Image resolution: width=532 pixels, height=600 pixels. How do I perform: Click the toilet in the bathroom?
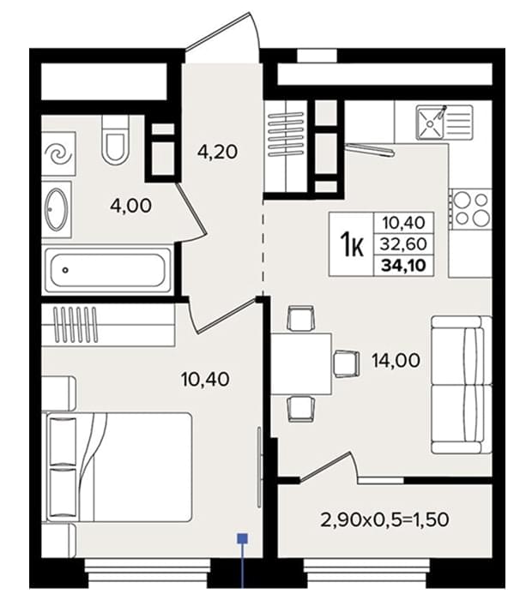[x=115, y=140]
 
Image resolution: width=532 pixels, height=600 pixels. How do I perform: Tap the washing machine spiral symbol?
[x=58, y=153]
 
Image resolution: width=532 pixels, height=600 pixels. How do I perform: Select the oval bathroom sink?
[x=57, y=209]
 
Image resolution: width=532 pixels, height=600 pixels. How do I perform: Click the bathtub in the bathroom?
[x=108, y=270]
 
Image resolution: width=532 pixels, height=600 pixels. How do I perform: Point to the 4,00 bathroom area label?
[x=130, y=206]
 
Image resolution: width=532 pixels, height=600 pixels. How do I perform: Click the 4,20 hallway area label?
[x=217, y=152]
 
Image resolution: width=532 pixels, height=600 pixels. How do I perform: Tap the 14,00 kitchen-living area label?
[x=396, y=360]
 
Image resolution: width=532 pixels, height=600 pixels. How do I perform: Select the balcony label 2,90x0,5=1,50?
[x=384, y=519]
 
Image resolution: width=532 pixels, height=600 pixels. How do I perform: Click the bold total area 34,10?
[x=403, y=265]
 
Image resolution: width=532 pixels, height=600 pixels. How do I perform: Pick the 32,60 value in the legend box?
[x=403, y=243]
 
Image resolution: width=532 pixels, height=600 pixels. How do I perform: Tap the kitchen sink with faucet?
[x=444, y=123]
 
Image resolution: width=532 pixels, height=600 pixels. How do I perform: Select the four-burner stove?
[x=471, y=209]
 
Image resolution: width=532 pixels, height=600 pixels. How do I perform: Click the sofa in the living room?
[x=462, y=385]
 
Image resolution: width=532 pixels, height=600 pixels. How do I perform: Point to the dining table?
[x=301, y=364]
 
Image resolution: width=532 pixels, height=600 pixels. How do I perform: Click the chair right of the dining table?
[x=347, y=364]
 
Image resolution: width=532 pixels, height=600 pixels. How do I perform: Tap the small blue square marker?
[x=243, y=539]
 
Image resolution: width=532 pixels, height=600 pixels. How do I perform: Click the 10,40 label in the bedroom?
[x=205, y=379]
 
